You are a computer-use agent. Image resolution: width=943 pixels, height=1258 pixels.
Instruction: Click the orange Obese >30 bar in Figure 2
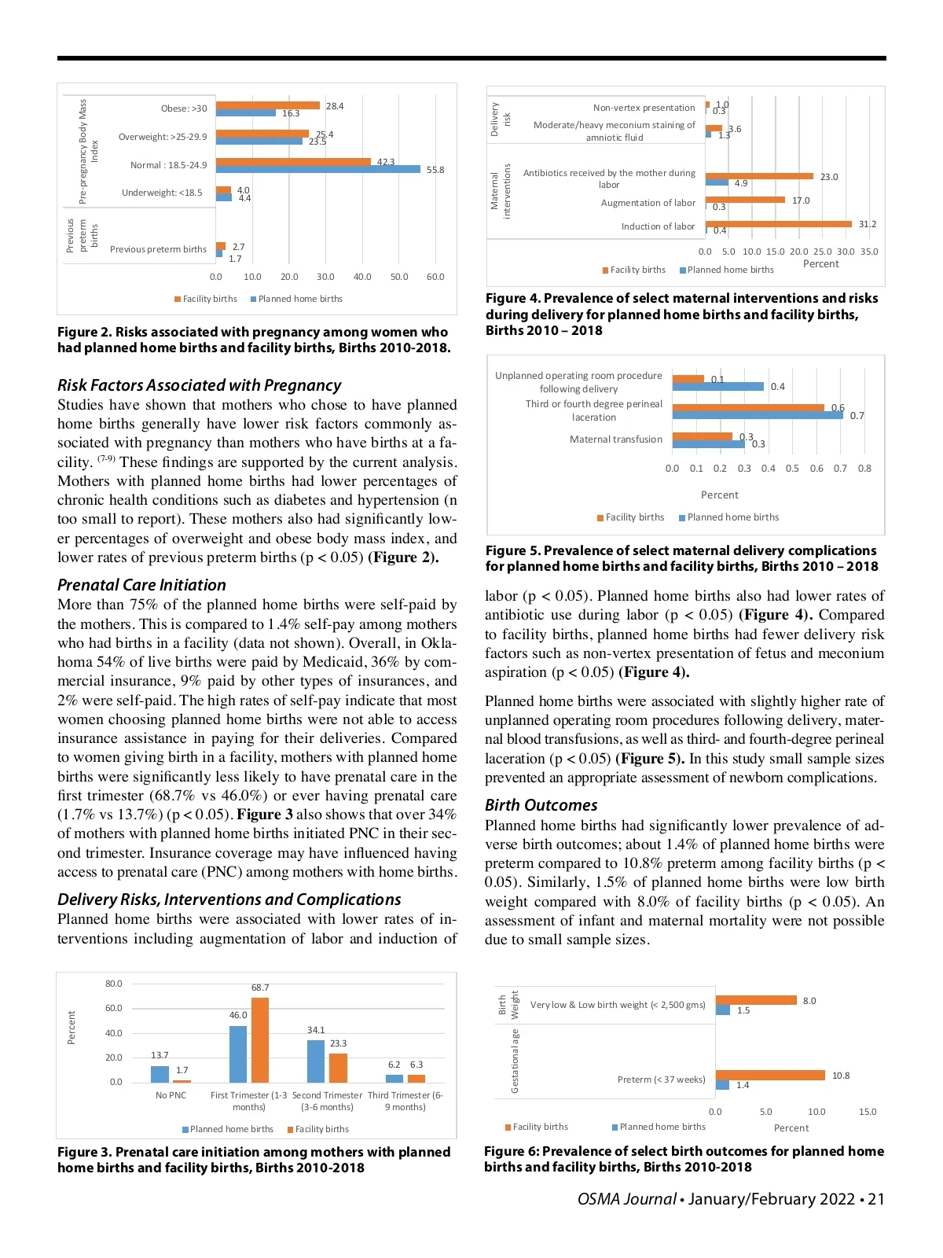pos(267,105)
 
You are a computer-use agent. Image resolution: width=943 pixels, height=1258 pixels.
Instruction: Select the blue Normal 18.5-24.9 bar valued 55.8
pos(318,169)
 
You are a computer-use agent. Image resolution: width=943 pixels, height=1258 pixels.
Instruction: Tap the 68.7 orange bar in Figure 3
pos(259,1040)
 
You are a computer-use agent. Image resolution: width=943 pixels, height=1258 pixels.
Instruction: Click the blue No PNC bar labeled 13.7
pos(160,1074)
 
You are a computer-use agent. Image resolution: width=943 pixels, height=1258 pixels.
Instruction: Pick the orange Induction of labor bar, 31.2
pos(778,224)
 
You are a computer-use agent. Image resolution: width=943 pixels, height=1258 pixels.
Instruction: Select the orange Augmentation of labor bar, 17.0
pos(745,200)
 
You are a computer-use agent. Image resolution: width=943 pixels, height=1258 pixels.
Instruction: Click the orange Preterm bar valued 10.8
pos(770,1075)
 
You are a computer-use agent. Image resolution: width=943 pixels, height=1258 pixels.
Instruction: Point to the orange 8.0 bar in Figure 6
pos(756,1000)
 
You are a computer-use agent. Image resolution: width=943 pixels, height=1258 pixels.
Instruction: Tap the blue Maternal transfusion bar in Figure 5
pos(708,444)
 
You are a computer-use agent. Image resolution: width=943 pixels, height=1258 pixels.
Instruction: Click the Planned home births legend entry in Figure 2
pos(299,299)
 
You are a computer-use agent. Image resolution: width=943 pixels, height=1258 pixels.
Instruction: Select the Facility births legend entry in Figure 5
pos(634,517)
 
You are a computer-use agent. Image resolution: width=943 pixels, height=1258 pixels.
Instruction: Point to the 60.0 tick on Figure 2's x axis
pos(435,277)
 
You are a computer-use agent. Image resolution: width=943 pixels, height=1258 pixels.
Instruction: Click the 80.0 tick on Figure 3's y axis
pos(114,984)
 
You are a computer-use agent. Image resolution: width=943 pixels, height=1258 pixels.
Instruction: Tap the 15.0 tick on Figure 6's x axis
pos(867,1112)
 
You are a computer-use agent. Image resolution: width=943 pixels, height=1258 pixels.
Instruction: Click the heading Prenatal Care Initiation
pos(141,585)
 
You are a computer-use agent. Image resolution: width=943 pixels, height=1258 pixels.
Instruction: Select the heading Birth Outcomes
pos(541,805)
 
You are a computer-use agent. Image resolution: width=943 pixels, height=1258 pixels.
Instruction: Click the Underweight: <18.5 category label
pos(162,193)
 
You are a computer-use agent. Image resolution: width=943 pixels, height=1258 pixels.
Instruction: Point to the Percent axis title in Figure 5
pos(719,495)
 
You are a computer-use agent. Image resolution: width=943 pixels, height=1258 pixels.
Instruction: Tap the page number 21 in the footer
pos(875,1199)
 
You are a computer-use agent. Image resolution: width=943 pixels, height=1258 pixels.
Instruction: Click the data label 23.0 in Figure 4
pos(828,177)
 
